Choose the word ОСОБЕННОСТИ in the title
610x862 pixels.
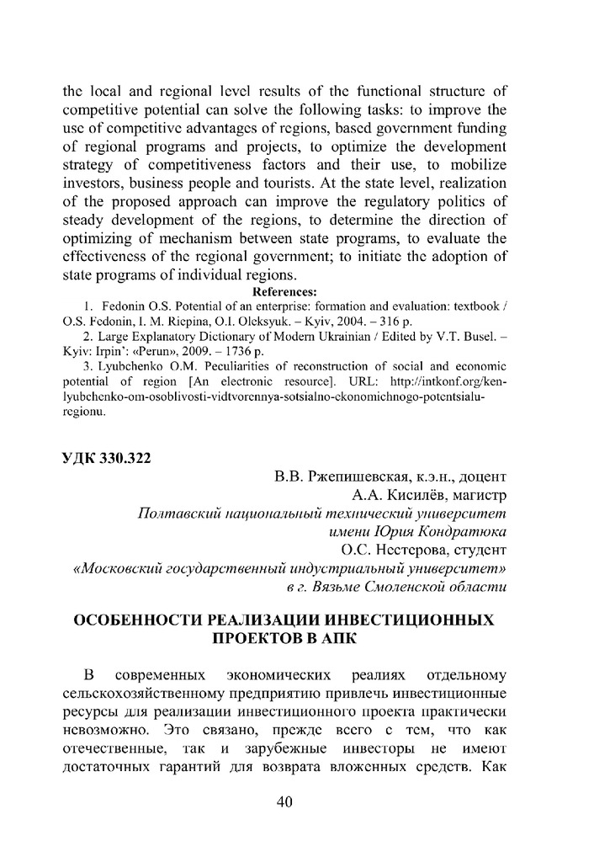139,620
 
